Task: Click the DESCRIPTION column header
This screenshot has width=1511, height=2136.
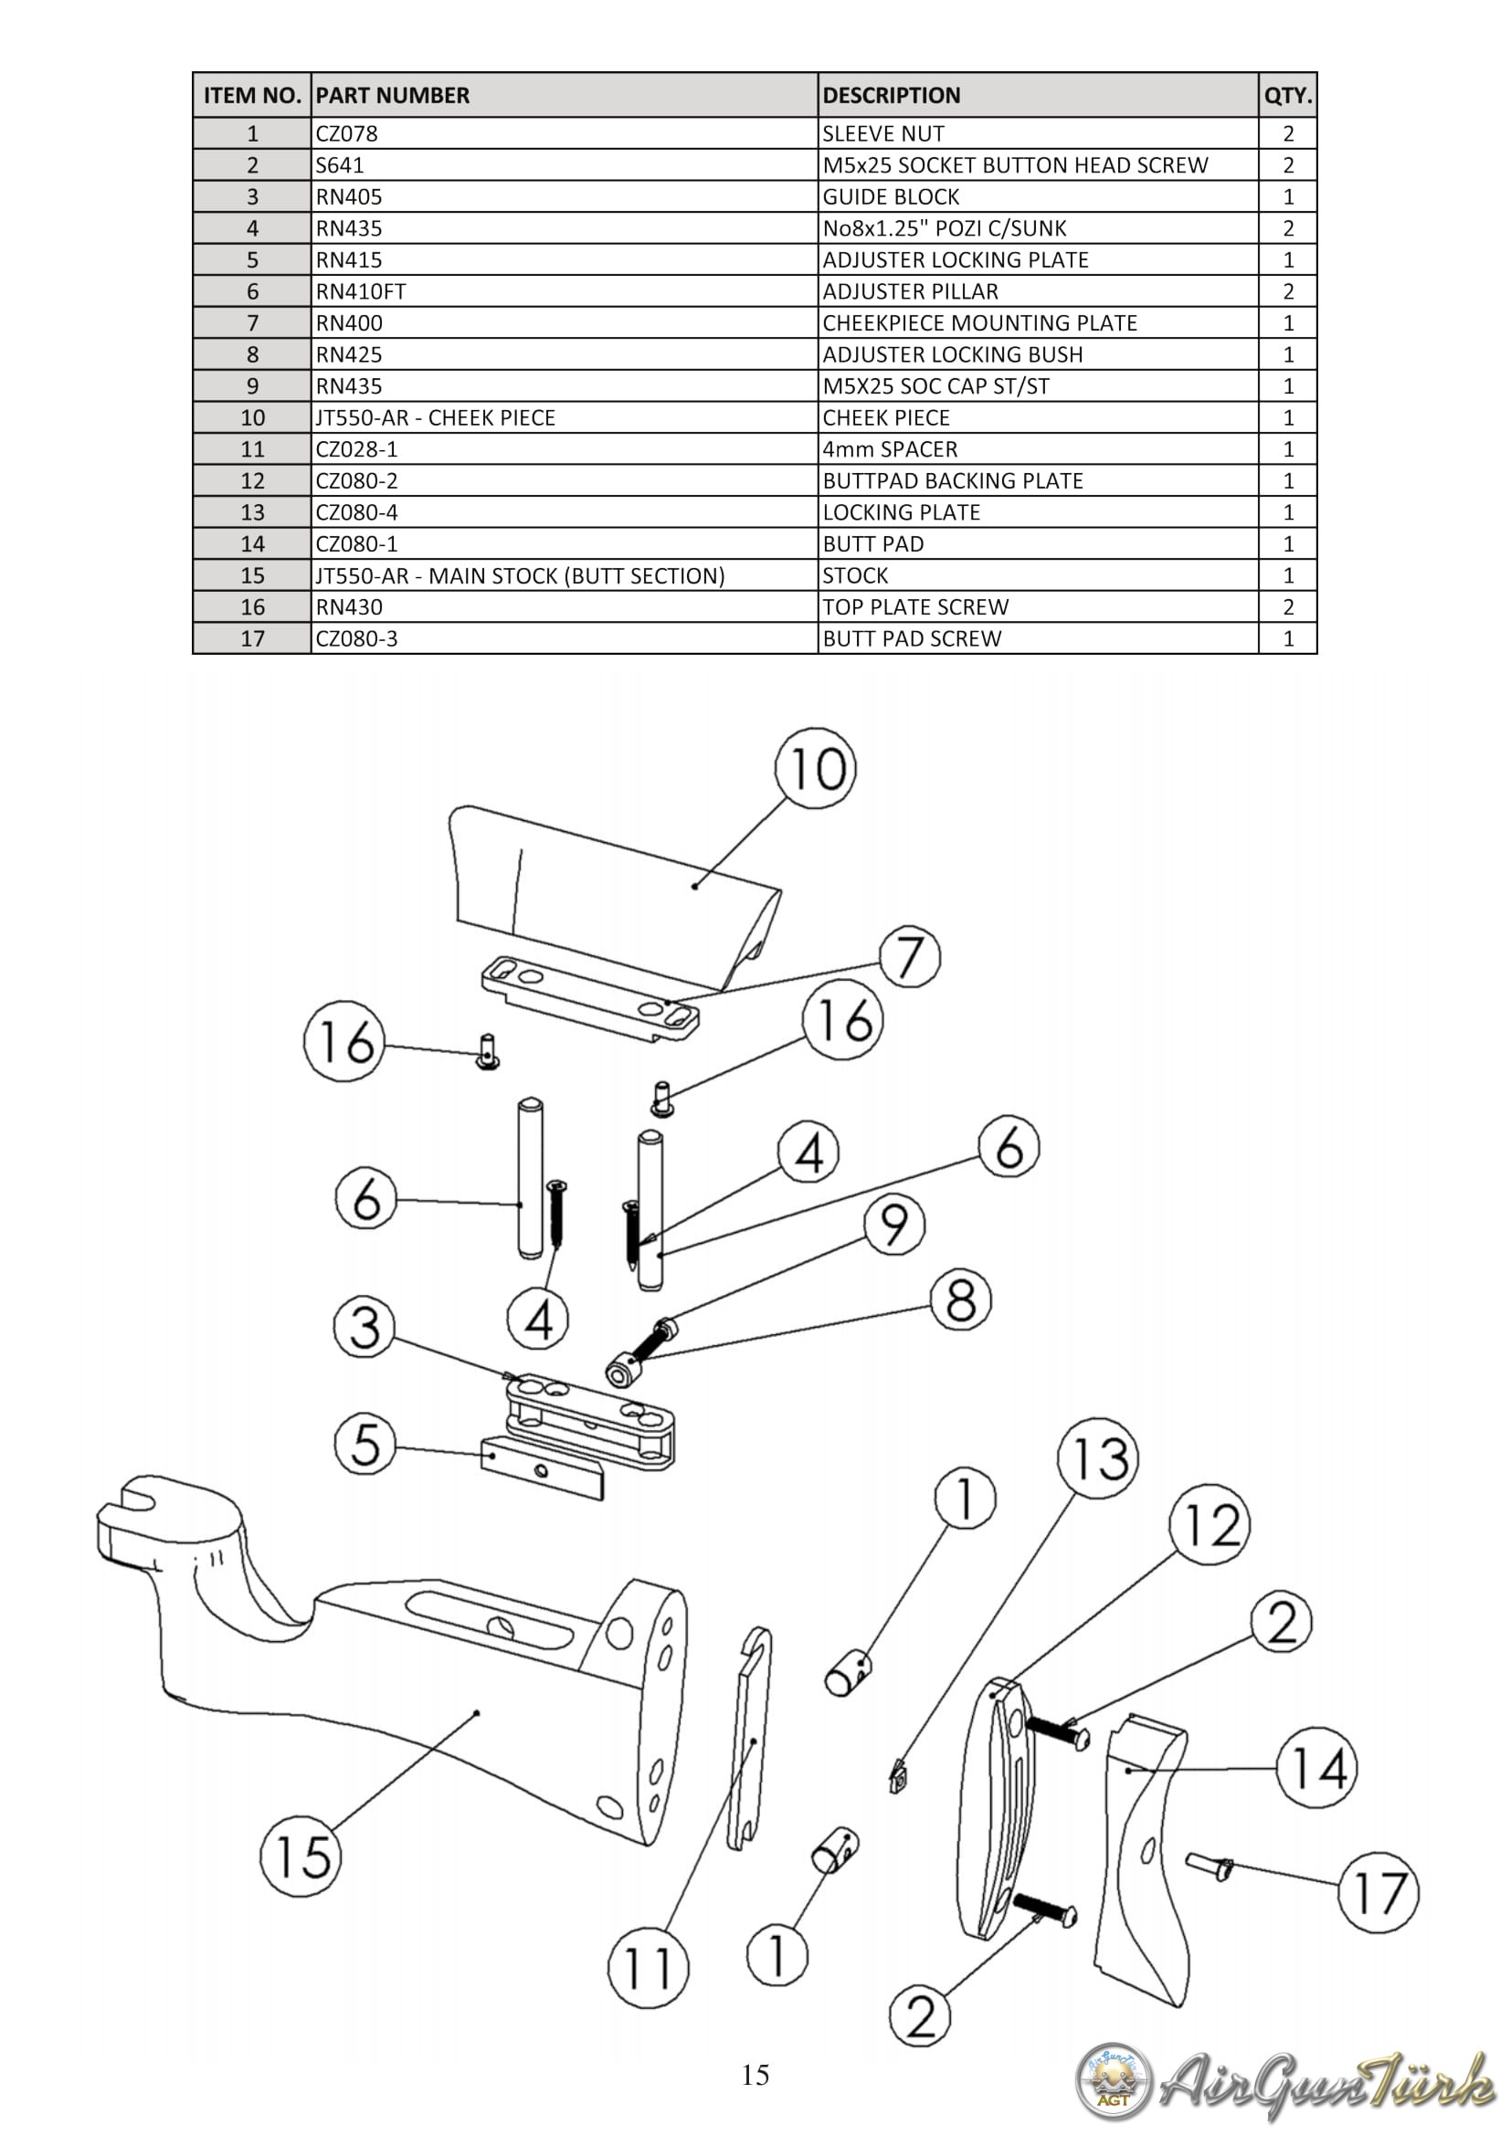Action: coord(891,95)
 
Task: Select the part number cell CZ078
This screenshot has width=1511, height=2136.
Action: coord(346,133)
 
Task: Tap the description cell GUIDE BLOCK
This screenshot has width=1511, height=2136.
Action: coord(891,196)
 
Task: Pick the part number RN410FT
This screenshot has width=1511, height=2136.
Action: coord(361,291)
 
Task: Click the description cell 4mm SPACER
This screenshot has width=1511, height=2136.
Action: coord(890,449)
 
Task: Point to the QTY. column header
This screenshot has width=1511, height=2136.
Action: coord(1288,95)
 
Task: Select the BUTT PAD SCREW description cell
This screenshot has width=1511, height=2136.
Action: coord(912,638)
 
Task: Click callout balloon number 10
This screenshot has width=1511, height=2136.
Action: coord(816,768)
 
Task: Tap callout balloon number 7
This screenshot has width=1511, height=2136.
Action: coord(909,957)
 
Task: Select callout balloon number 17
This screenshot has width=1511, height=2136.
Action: coord(1378,1892)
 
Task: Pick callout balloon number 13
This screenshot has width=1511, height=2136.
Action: coord(1099,1458)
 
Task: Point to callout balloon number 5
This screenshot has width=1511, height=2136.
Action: coord(365,1444)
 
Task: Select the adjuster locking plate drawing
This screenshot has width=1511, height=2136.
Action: coord(543,1468)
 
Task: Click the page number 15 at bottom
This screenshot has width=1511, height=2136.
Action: coord(755,2076)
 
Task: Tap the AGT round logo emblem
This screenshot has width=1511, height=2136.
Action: coord(1113,2081)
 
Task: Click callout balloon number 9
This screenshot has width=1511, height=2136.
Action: coord(894,1225)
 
